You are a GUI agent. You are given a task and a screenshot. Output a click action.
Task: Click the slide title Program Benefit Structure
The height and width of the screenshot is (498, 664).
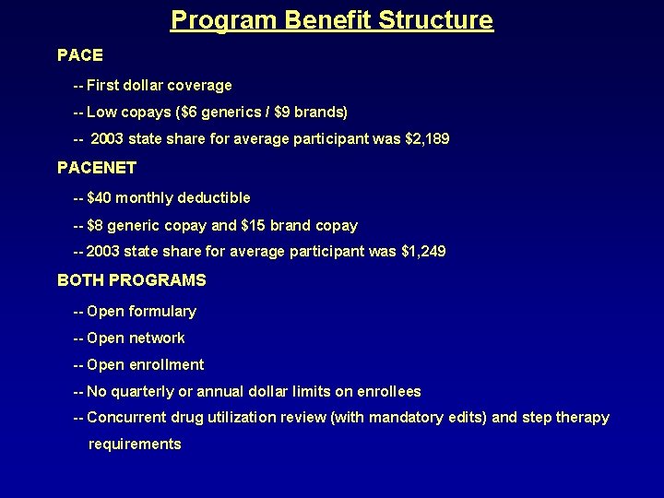pyautogui.click(x=332, y=20)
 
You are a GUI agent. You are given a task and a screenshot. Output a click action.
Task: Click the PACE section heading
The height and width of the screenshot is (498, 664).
pyautogui.click(x=80, y=55)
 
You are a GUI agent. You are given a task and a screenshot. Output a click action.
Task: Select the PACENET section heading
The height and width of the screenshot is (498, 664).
pyautogui.click(x=97, y=168)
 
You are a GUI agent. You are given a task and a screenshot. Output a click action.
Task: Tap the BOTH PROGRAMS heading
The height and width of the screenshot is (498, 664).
pyautogui.click(x=132, y=280)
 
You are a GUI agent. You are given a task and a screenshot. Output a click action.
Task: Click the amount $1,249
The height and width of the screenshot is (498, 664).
pyautogui.click(x=423, y=252)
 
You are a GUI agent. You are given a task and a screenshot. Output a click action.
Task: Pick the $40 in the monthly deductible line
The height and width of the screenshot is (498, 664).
pyautogui.click(x=100, y=198)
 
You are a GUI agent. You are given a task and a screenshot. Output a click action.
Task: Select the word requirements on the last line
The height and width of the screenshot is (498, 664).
pyautogui.click(x=135, y=445)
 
